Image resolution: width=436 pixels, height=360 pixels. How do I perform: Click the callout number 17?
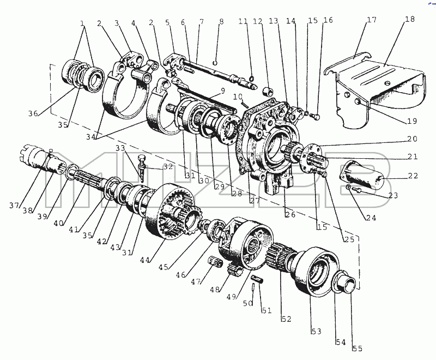372,20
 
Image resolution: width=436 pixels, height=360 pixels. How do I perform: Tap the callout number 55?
358,349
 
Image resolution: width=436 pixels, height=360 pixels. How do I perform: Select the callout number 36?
33,113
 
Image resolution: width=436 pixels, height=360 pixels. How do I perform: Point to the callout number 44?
145,260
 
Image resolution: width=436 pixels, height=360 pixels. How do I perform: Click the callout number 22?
413,176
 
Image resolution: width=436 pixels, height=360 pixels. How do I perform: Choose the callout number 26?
290,215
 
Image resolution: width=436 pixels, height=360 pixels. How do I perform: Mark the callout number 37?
14,206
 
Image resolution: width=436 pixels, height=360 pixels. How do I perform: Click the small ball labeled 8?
215,62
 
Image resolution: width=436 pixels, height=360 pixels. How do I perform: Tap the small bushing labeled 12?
268,91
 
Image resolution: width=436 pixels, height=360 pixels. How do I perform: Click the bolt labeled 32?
142,167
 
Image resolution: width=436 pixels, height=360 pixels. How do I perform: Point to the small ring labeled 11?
251,77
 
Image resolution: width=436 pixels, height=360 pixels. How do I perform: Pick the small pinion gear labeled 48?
235,269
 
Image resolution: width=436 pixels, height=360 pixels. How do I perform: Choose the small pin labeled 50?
253,287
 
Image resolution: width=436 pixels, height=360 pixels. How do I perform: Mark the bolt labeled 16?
316,117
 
